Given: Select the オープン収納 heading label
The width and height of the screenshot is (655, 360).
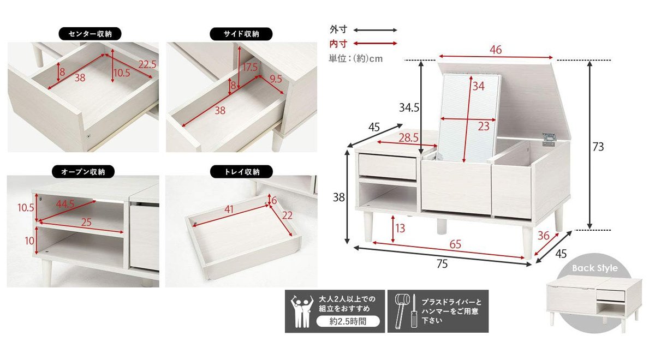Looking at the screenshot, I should [83, 172].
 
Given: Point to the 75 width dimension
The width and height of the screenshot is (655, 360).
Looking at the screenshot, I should [442, 264].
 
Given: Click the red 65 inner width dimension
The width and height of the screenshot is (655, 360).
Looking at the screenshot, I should [455, 245].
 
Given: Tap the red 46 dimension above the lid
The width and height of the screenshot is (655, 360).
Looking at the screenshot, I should [496, 50].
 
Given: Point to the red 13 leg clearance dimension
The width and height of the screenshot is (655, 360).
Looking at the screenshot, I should [400, 228].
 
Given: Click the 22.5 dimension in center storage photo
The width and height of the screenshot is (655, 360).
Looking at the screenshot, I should [147, 64].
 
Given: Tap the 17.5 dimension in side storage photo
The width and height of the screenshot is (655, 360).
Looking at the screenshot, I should [250, 67].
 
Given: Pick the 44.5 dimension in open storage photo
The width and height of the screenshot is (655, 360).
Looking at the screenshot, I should [66, 203].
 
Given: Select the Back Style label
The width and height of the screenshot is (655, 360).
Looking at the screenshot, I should [594, 268].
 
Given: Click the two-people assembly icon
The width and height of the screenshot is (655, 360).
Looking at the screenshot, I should [301, 311].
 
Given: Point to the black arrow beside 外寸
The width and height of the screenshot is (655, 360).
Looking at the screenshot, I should [376, 30].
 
